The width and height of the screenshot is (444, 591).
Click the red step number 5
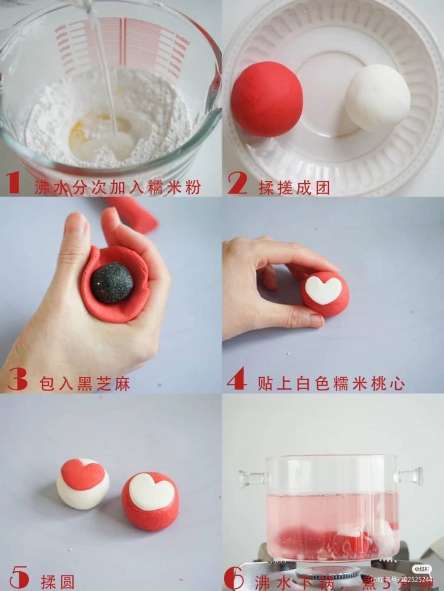tap(18, 578)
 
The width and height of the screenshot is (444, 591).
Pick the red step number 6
tap(234, 578)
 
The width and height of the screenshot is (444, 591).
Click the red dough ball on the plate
tap(267, 99)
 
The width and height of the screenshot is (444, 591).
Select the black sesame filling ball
tap(111, 283)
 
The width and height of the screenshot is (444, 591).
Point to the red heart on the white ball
tap(82, 473)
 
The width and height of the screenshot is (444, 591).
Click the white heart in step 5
tap(151, 491)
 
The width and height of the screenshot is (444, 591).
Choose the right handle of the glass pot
tap(411, 476)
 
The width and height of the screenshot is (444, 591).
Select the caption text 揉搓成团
tap(294, 188)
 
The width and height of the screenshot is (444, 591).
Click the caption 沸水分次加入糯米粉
tap(117, 188)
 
